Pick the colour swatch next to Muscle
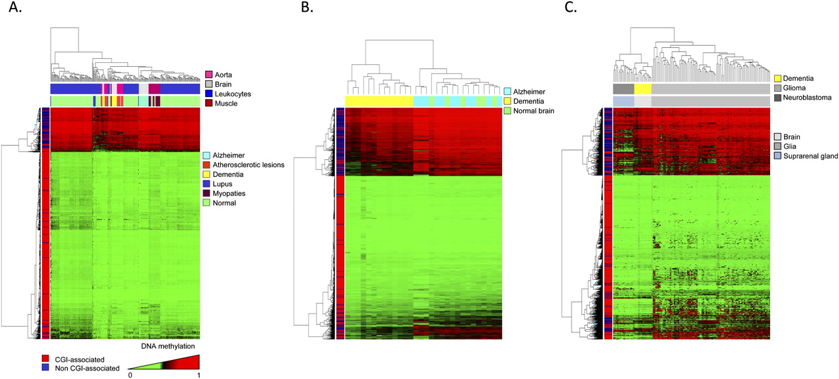point(209,104)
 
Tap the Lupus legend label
point(225,184)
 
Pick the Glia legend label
point(792,146)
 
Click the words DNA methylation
point(168,346)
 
